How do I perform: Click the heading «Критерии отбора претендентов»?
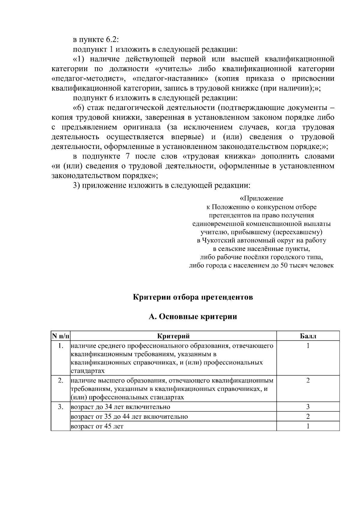coord(193,297)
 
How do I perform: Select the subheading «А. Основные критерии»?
coord(193,317)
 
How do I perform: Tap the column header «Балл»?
coord(308,336)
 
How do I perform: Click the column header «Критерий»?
coord(173,336)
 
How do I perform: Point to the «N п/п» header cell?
coord(61,336)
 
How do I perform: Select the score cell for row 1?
coord(308,346)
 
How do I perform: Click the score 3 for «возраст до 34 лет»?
coord(308,407)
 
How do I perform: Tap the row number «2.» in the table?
coord(61,380)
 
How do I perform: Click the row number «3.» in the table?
coord(61,407)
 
